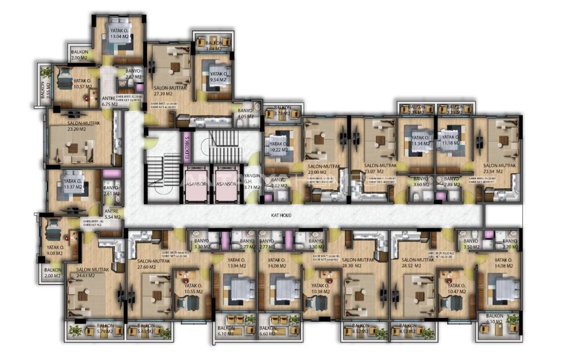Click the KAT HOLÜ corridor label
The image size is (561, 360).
(x=282, y=215)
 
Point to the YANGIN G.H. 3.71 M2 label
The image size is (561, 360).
(x=252, y=181)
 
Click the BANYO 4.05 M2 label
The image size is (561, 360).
(x=245, y=114)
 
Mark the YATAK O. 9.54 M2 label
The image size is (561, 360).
(x=217, y=77)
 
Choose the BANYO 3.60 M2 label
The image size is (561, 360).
(x=420, y=182)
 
